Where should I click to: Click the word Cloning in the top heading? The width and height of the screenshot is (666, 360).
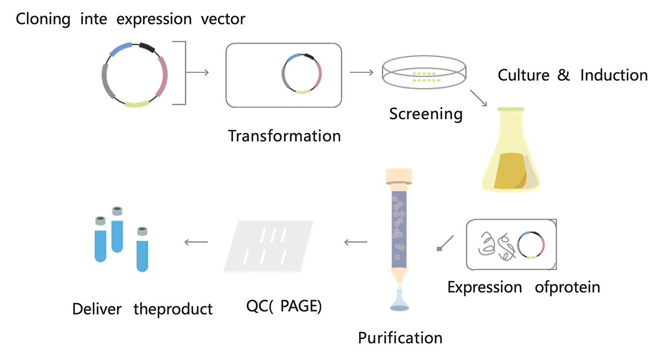pos(43,19)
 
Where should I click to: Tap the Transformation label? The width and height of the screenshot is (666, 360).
pos(284,136)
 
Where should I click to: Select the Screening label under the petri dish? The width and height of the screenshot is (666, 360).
pos(426,114)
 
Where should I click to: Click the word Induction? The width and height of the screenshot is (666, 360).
pos(614,75)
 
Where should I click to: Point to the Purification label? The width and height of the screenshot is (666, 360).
pos(400,338)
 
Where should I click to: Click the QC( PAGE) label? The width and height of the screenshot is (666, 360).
pos(284,306)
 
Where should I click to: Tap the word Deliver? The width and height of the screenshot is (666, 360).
pos(97,309)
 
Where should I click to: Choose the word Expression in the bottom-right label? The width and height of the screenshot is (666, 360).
pos(485,287)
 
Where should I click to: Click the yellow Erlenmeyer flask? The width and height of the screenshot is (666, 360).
pos(511,150)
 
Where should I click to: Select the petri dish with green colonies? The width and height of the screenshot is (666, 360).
pos(424,72)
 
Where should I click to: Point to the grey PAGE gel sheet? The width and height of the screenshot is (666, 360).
pos(268,246)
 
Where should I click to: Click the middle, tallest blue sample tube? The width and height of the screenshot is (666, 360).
pos(117,230)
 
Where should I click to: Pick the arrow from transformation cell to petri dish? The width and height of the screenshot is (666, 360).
pos(361,72)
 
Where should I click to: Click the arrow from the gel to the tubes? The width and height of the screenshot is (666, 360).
pos(196,242)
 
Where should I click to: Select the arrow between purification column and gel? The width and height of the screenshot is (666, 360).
pos(356,242)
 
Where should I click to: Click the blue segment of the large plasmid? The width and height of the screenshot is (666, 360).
pos(120,49)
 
